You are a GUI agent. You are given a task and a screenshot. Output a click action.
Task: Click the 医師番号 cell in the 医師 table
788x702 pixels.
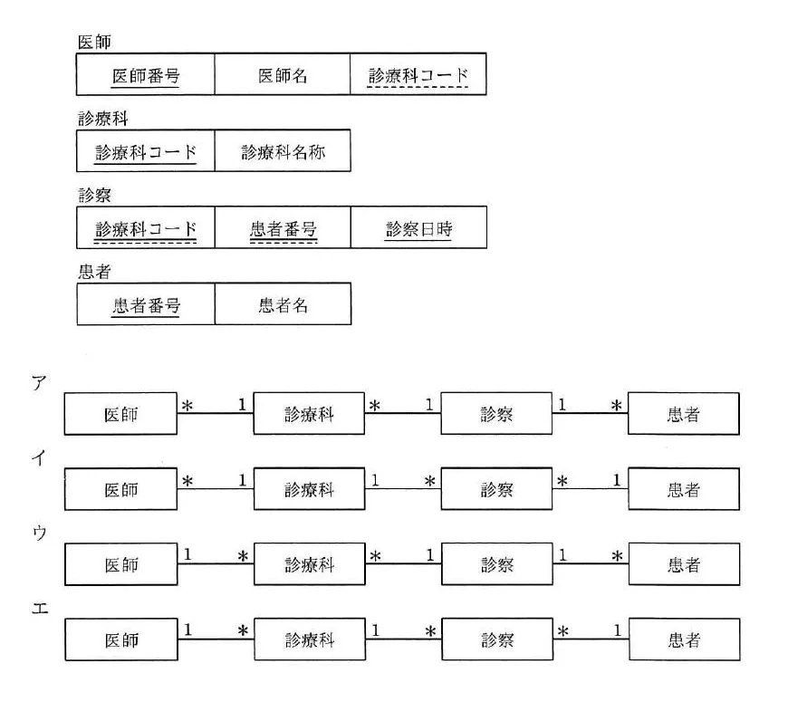145,74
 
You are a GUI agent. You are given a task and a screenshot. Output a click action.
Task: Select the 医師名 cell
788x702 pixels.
283,74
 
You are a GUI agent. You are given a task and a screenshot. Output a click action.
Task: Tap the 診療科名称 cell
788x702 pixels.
283,150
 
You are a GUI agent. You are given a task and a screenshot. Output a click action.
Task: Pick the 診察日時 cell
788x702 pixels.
418,227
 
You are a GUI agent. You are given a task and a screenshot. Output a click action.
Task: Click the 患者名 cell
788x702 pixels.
283,304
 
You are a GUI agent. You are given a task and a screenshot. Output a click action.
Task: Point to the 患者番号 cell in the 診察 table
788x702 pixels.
283,227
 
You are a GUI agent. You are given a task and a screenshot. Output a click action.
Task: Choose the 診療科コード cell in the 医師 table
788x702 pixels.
418,74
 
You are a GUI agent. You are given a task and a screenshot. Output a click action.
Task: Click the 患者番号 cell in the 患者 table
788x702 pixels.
146,304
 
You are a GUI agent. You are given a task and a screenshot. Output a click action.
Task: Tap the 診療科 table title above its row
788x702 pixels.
103,119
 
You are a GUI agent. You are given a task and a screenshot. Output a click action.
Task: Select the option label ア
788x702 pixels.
39,383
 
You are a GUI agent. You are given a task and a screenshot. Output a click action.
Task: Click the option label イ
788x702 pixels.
39,457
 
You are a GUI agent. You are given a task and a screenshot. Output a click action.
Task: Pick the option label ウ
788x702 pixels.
39,533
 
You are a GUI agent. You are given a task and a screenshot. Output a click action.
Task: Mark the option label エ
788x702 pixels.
40,609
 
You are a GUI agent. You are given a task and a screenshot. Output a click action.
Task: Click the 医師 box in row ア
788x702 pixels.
120,414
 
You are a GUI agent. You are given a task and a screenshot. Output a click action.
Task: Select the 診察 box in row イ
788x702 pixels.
496,489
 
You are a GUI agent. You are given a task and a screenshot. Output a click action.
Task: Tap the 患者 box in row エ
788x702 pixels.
685,639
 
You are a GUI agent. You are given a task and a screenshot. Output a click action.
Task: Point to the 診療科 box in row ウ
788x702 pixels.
310,563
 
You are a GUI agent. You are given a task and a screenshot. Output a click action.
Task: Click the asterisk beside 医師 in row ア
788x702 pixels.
187,406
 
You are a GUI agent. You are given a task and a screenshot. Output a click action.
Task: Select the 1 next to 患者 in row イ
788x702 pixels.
617,480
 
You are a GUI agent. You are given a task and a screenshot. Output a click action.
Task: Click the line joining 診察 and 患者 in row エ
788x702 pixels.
591,639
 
